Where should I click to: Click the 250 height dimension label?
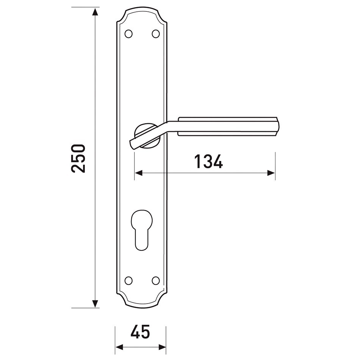pyautogui.click(x=78, y=158)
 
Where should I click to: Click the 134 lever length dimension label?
pyautogui.click(x=208, y=161)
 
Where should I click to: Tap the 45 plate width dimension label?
pyautogui.click(x=140, y=331)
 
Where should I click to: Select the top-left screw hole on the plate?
pyautogui.click(x=128, y=34)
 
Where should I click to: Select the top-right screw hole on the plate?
pyautogui.click(x=156, y=34)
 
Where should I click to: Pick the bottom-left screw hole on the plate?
pyautogui.click(x=128, y=280)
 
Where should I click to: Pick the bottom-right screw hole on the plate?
pyautogui.click(x=156, y=280)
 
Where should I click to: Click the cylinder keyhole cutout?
pyautogui.click(x=142, y=230)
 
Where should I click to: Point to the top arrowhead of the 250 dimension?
pyautogui.click(x=95, y=11)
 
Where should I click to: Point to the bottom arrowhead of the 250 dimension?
pyautogui.click(x=95, y=304)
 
